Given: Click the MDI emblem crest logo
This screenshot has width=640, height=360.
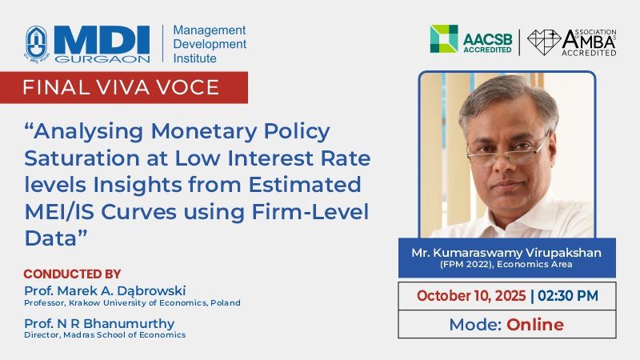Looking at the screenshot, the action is point(37,43).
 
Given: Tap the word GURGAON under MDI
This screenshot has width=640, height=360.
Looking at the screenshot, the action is point(102,59).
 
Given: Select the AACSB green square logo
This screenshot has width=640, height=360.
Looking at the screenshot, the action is point(444,38).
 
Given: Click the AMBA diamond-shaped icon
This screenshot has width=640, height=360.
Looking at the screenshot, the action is point(544,42).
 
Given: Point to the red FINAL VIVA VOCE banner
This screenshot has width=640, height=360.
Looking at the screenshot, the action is point(124,87).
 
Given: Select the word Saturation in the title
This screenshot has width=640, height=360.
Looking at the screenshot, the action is point(82,158).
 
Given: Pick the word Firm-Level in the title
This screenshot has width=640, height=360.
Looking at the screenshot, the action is point(310,212).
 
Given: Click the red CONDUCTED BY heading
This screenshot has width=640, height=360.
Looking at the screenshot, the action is point(72,274).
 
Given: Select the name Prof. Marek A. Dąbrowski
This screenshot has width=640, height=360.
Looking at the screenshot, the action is point(105,290).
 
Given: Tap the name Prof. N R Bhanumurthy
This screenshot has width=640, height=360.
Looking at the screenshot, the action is point(99,323).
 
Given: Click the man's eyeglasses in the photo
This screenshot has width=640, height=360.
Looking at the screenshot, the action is point(507,150).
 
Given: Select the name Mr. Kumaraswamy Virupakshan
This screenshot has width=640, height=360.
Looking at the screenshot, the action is point(506,253).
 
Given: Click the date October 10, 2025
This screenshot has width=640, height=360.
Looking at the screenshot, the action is point(471,295).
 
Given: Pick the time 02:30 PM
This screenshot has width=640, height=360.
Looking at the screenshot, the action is point(568,295).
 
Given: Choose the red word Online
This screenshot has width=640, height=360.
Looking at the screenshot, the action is point(535,325).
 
